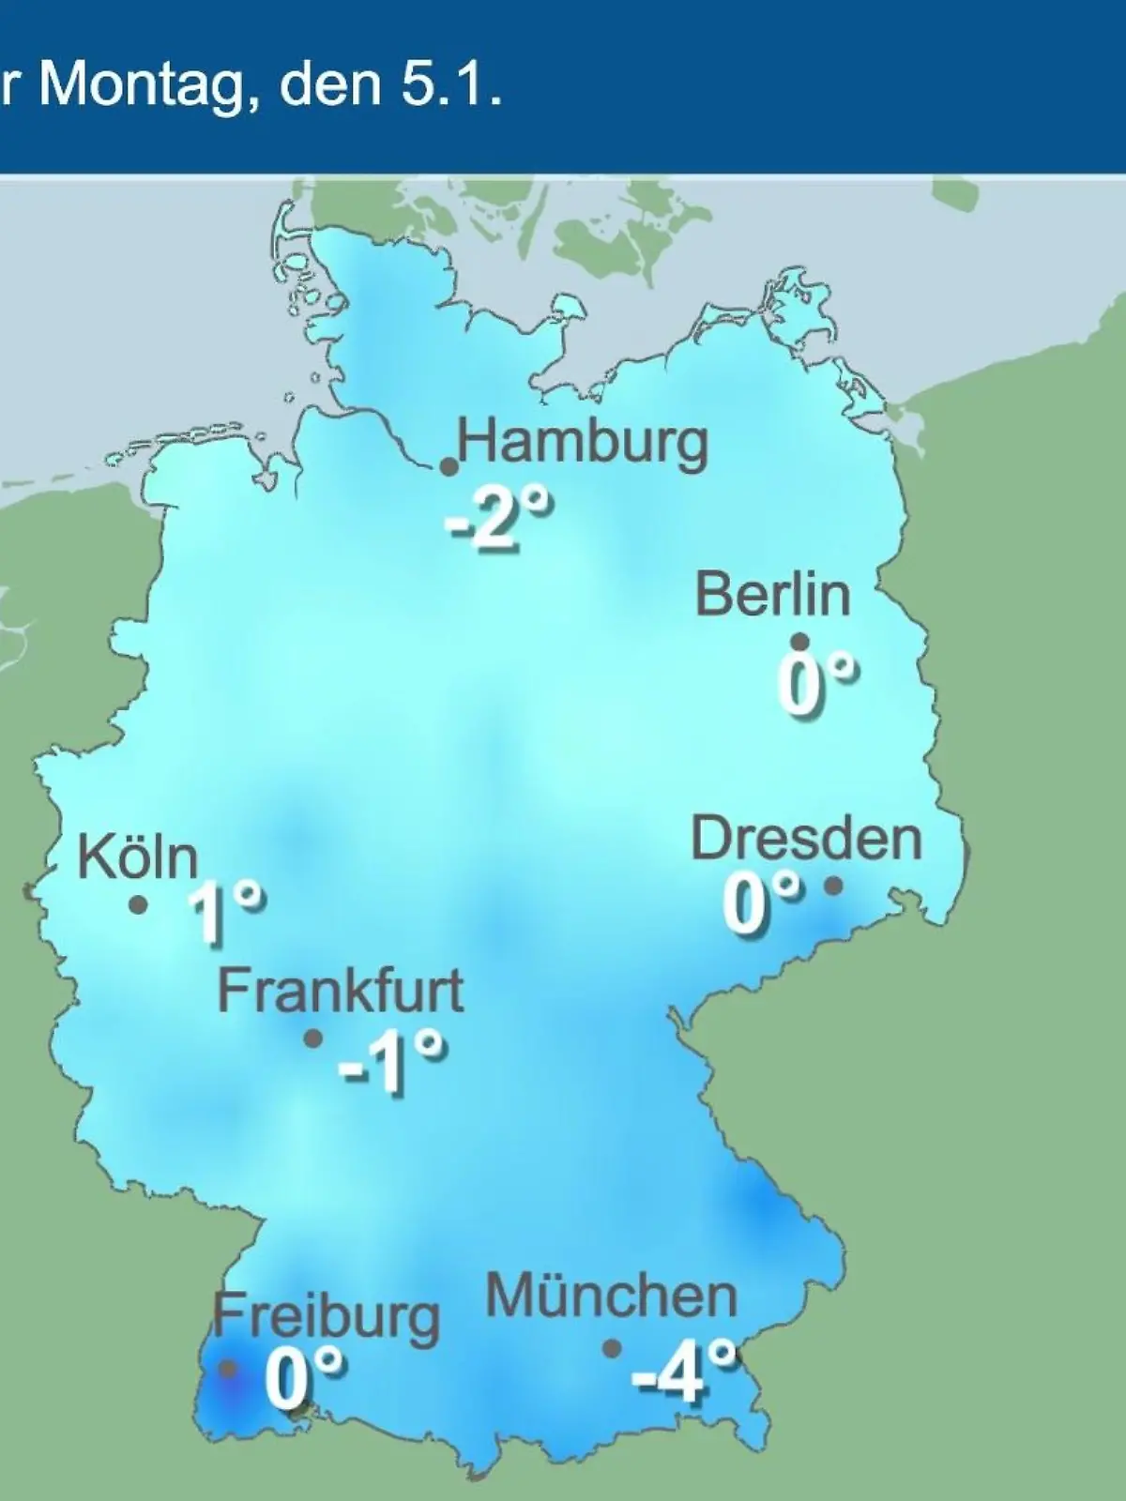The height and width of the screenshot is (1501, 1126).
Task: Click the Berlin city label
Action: point(773,595)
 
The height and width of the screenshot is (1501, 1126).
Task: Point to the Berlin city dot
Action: point(800,643)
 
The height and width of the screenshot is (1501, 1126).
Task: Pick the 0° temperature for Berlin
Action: point(816,685)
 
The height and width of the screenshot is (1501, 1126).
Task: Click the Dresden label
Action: point(807,838)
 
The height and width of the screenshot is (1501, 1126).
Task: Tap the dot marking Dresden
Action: point(832,885)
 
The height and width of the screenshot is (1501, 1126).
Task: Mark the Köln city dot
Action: point(139,905)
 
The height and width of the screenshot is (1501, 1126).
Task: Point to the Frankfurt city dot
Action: point(313,1039)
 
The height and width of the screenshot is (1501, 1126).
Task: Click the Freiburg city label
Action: point(326,1316)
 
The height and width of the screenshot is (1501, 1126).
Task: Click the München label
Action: point(611,1296)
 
